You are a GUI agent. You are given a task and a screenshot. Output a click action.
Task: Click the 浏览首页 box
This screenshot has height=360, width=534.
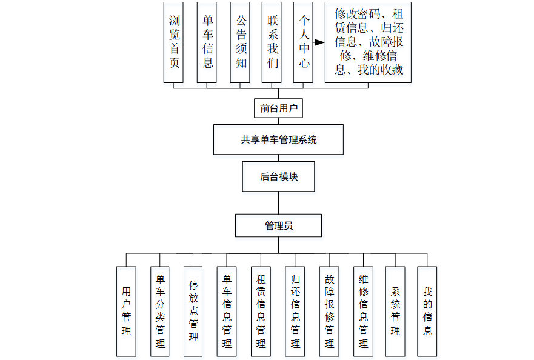click(173, 42)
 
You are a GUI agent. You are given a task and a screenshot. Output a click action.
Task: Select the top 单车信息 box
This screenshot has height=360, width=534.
click(207, 42)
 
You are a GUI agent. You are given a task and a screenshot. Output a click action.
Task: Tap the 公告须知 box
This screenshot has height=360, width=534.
click(240, 42)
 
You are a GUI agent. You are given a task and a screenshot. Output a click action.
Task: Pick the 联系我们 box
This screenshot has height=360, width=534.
click(272, 42)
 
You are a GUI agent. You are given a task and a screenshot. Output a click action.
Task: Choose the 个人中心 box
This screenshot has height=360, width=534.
click(303, 42)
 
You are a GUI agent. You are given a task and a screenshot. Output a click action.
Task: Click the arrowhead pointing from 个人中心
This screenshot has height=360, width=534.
click(319, 42)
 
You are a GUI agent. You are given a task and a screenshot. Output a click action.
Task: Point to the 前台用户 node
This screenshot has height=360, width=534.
click(278, 108)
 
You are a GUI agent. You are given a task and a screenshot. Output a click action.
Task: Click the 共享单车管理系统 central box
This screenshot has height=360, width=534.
click(278, 139)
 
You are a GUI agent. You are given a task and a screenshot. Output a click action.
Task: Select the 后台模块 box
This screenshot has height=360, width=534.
click(278, 176)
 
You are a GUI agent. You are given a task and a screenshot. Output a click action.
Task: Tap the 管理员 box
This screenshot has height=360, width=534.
click(278, 225)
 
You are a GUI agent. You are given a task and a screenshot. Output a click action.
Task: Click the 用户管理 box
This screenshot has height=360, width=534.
click(126, 311)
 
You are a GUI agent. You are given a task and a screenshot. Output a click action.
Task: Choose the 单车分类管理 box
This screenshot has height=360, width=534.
click(160, 311)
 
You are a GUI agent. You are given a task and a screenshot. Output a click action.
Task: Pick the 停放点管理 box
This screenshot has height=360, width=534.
click(193, 311)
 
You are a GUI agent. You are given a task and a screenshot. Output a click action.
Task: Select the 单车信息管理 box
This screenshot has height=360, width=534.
click(227, 311)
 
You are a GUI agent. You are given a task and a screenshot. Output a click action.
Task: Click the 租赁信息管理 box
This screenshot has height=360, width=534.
click(261, 311)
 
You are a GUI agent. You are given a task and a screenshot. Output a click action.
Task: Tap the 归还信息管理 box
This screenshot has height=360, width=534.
click(295, 311)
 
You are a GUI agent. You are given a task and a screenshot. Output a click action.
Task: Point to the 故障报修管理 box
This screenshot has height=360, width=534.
click(329, 311)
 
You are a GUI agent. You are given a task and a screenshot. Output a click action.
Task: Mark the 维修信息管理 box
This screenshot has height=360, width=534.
click(363, 311)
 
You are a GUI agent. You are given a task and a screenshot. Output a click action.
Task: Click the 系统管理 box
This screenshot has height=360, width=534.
click(395, 311)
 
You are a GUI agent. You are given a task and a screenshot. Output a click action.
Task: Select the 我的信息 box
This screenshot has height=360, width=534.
click(427, 311)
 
